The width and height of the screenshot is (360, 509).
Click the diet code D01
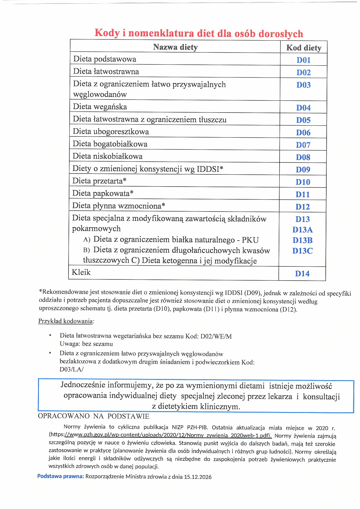303,60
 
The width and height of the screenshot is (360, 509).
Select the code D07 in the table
303,145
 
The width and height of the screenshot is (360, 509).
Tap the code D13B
303,240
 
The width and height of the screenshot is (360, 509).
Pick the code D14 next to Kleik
302,273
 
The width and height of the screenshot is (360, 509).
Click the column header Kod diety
304,48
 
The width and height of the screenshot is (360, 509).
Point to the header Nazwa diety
175,47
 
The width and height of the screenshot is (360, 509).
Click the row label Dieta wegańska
100,107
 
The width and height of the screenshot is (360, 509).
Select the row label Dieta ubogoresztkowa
111,131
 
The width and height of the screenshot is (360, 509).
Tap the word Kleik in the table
81,272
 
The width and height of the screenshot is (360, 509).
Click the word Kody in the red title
107,33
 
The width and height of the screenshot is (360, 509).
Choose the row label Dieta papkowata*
103,193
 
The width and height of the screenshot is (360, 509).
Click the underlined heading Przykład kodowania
66,321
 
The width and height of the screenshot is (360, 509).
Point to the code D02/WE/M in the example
216,337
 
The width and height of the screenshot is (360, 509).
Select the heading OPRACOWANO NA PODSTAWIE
93,416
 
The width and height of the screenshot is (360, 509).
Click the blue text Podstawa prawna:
60,476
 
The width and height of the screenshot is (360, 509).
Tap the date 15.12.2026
198,477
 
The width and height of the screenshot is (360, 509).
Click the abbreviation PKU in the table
250,240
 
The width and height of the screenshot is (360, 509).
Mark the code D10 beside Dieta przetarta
303,182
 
